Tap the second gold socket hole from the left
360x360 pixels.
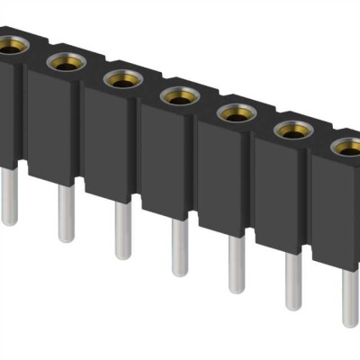pyautogui.click(x=65, y=61)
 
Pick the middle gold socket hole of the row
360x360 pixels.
pyautogui.click(x=179, y=95)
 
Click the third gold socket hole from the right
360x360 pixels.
pyautogui.click(x=236, y=113)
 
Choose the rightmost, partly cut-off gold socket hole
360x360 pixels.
pyautogui.click(x=348, y=148)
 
